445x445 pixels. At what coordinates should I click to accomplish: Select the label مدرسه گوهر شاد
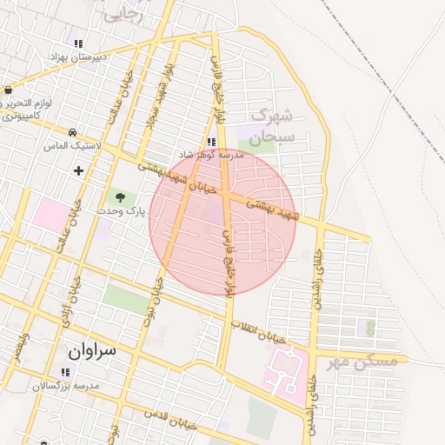(232, 155)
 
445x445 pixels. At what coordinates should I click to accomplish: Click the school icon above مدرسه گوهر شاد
(210, 142)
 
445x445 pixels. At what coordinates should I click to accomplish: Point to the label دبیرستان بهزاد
(77, 57)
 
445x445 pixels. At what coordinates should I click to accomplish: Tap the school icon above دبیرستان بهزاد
(78, 43)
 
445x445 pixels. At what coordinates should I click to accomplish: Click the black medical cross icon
(79, 170)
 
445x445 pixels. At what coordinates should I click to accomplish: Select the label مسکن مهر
(362, 361)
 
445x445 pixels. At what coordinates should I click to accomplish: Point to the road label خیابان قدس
(169, 418)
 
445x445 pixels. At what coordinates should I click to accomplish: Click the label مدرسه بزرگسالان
(67, 384)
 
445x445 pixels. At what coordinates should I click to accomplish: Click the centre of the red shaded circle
(222, 221)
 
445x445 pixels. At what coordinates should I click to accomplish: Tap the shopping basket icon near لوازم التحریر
(8, 90)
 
